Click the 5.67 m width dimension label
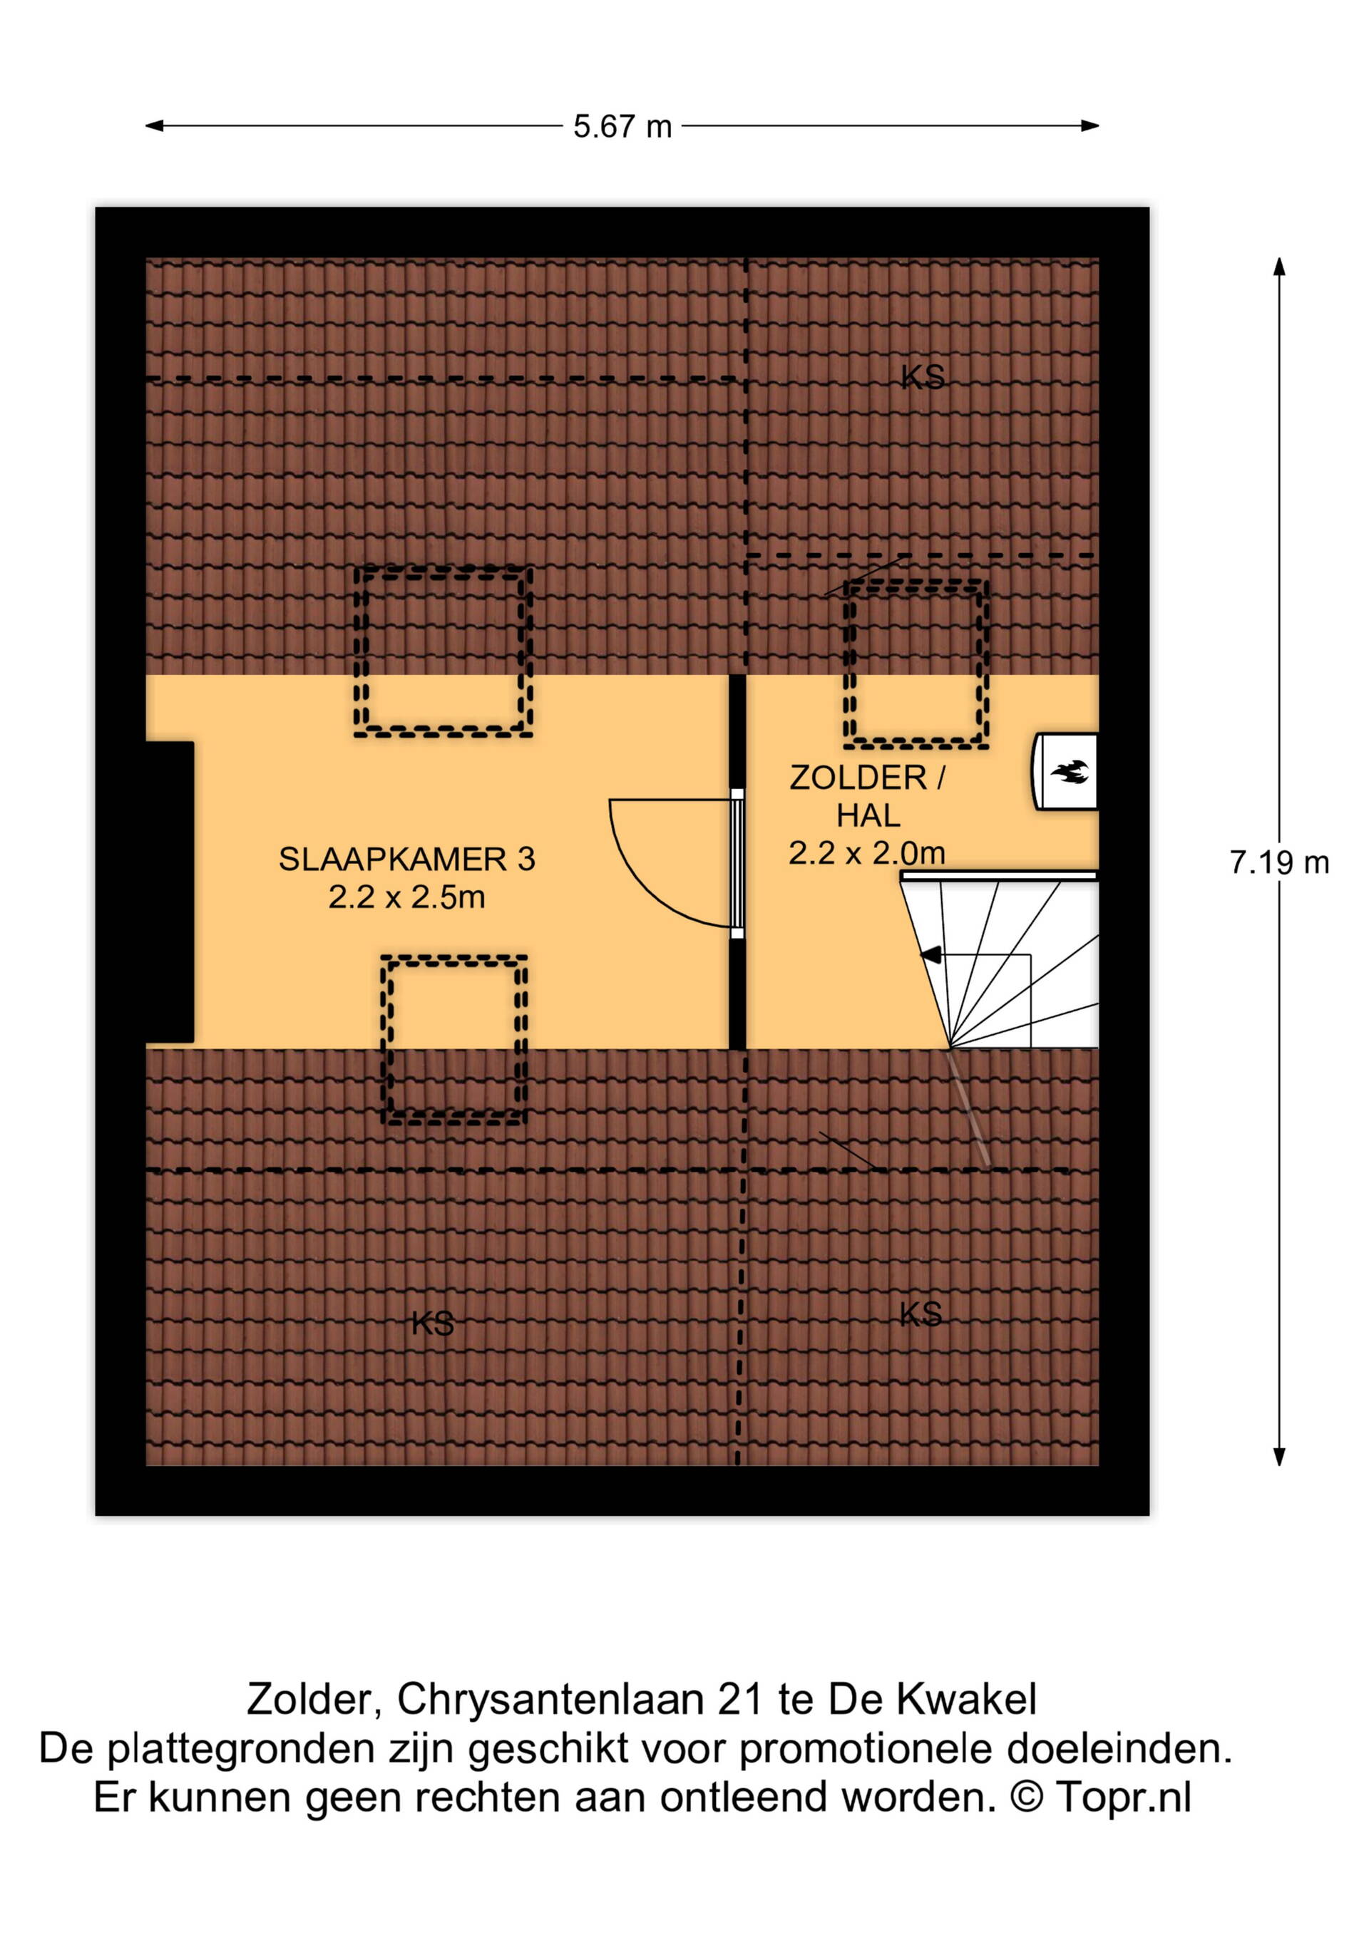click(622, 126)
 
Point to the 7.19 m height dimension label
click(1278, 862)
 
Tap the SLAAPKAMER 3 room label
click(407, 859)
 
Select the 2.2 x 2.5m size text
click(407, 897)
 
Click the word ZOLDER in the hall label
click(857, 777)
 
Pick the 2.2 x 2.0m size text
click(866, 853)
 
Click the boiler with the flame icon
click(1065, 771)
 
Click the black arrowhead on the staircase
click(930, 955)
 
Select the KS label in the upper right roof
click(922, 377)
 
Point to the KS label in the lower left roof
click(433, 1323)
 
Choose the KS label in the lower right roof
click(920, 1313)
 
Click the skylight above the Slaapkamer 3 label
click(443, 651)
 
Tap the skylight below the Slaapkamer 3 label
click(454, 1039)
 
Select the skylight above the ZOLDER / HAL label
click(916, 664)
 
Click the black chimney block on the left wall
click(170, 892)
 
